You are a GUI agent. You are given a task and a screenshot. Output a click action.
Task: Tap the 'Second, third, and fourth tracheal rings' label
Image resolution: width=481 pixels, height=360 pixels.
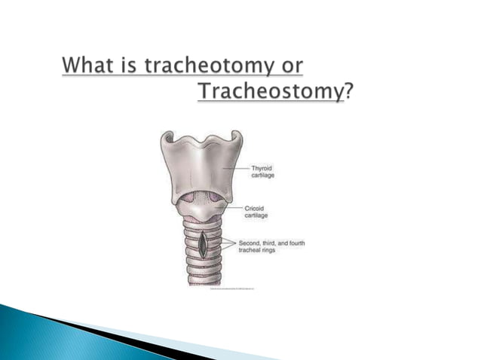[271, 246]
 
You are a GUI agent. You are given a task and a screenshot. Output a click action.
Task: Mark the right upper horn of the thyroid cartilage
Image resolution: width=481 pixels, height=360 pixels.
[237, 139]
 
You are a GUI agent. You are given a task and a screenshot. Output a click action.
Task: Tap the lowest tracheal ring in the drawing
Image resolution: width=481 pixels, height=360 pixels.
[201, 279]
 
